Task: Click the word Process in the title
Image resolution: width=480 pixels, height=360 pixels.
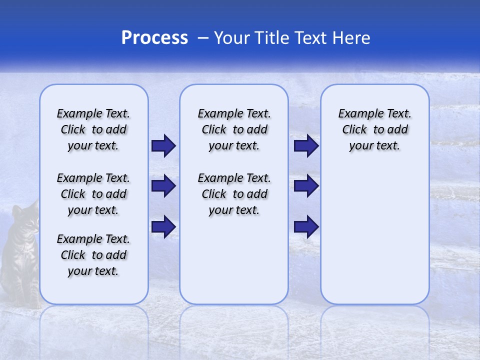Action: [154, 38]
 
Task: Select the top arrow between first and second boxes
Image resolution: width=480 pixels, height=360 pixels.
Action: [163, 145]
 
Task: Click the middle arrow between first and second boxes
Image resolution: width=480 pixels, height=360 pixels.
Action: [163, 186]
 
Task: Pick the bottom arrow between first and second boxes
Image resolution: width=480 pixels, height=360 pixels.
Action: [163, 226]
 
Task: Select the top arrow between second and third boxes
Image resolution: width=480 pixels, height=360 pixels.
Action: [306, 145]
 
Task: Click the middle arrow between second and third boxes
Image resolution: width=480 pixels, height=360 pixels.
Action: [306, 186]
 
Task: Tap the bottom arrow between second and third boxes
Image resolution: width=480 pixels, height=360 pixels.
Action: [306, 226]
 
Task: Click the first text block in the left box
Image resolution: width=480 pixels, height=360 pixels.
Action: [93, 129]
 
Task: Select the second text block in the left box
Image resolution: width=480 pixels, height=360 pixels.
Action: [93, 194]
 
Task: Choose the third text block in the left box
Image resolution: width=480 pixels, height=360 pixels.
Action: [93, 255]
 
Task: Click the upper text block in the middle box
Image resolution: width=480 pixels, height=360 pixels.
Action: [234, 129]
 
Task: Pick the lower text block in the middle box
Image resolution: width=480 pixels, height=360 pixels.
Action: [234, 194]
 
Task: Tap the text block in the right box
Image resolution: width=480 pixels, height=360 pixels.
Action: [374, 129]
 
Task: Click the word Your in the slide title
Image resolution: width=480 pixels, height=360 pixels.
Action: [231, 38]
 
